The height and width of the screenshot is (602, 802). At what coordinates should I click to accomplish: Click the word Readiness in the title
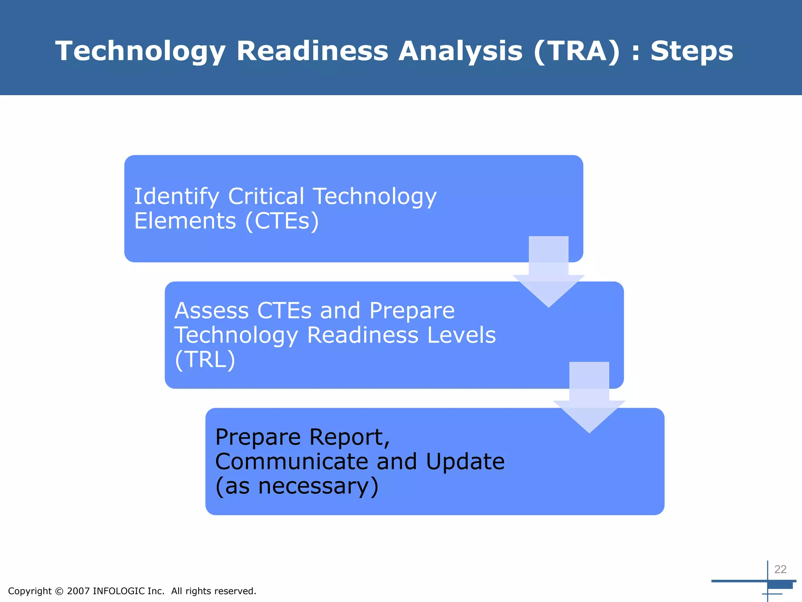point(312,51)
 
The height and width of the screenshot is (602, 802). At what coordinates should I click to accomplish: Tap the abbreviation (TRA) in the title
point(577,51)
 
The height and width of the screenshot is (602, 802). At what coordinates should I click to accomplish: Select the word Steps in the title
point(692,51)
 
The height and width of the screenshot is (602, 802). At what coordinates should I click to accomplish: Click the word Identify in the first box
point(176,196)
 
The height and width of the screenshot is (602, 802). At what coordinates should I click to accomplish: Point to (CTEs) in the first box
point(282,221)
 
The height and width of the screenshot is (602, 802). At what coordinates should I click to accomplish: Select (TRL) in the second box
point(205,359)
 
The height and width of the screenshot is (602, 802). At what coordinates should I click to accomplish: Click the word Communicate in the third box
point(291,461)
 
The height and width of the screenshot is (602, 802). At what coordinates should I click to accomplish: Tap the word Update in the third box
point(465,461)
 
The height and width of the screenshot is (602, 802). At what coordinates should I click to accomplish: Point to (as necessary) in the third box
point(297,486)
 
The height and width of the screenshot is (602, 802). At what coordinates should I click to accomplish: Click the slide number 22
point(780,569)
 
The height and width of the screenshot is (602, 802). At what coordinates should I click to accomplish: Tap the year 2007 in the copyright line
point(78,591)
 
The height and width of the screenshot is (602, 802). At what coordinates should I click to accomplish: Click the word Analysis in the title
point(461,51)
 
